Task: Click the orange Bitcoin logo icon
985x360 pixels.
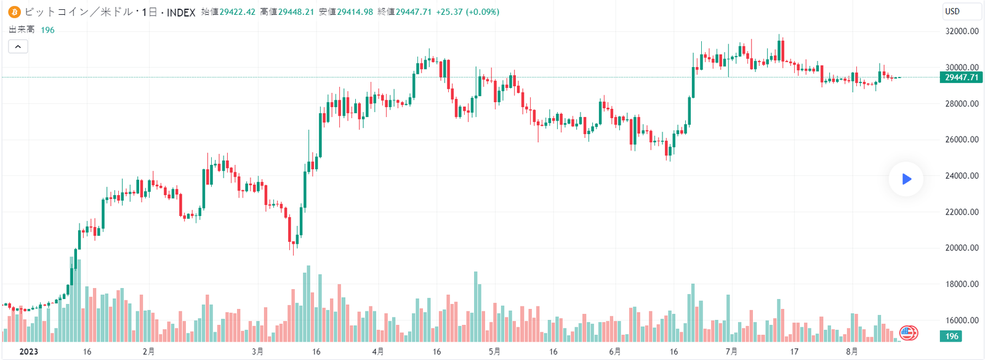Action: pos(14,12)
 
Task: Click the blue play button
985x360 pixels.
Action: pos(906,179)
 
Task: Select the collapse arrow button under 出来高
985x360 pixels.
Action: pos(18,46)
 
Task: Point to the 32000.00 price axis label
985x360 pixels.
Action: pos(962,31)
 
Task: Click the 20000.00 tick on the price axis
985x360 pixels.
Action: pos(962,248)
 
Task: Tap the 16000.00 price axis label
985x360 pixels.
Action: pos(962,321)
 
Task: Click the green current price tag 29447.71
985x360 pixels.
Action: pos(961,78)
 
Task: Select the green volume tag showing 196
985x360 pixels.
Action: pos(952,336)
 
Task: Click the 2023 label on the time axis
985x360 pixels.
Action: pos(28,352)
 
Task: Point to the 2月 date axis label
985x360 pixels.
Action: pos(148,352)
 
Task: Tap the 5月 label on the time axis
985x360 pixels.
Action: pos(494,352)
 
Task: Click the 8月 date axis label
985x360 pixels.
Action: pos(852,352)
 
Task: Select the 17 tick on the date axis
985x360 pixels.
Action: pos(794,352)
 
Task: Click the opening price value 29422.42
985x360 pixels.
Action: pos(237,12)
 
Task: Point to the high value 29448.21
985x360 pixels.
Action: pos(296,12)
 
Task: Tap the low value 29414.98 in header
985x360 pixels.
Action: pos(355,12)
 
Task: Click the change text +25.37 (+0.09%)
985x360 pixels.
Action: pos(467,12)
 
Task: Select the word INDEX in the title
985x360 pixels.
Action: pos(181,12)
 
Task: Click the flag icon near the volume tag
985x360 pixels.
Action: pos(909,333)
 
